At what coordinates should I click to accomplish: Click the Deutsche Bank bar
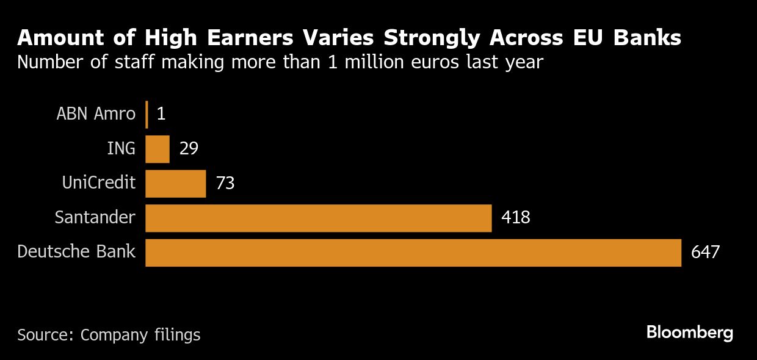[413, 253]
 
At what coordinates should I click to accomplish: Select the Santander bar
[318, 218]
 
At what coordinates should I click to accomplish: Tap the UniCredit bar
[175, 184]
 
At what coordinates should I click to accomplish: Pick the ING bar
[157, 149]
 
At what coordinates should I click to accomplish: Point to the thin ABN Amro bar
[147, 114]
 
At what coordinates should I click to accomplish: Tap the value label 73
[225, 184]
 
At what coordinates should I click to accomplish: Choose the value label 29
[189, 149]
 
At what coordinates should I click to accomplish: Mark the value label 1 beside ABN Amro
[161, 114]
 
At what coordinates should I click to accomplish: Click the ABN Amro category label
[96, 114]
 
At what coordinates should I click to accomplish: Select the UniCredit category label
[98, 183]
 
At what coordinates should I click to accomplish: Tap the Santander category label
[95, 218]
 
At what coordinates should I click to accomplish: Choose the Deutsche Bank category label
[76, 252]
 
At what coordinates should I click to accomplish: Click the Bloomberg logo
[689, 333]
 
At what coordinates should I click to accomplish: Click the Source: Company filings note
[109, 335]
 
